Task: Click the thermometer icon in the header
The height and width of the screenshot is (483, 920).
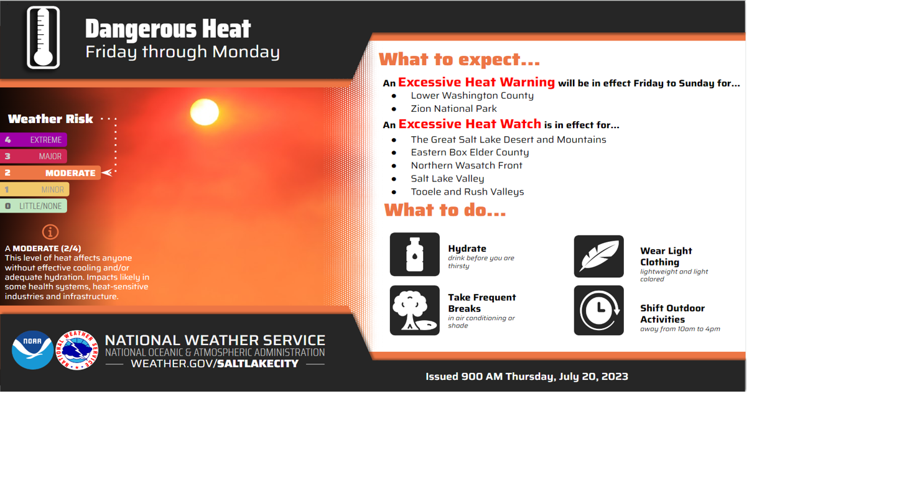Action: [x=43, y=37]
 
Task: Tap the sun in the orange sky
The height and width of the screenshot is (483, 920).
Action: [x=204, y=112]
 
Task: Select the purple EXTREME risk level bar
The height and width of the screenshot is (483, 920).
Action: [x=34, y=140]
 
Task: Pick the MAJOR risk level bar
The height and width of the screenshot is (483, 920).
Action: [x=34, y=157]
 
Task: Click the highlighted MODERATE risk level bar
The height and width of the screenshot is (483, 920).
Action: [x=50, y=173]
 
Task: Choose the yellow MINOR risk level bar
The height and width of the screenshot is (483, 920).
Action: [x=35, y=190]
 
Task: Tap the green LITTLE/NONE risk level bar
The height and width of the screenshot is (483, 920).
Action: [x=34, y=206]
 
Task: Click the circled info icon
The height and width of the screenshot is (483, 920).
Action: [x=50, y=232]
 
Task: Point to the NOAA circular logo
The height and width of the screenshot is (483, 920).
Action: [x=32, y=350]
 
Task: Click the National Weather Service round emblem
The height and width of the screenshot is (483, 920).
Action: [x=77, y=350]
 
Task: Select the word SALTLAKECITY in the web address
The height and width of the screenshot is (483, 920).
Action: [x=258, y=364]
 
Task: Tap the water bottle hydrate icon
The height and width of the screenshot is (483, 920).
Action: [x=414, y=254]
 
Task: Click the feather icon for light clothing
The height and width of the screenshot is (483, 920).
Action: [x=598, y=256]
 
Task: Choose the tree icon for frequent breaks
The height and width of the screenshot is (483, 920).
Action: [x=414, y=310]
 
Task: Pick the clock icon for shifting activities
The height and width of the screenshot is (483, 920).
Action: [x=598, y=310]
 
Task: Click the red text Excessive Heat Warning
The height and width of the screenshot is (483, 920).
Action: [x=476, y=82]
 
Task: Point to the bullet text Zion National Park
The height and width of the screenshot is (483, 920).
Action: [x=453, y=109]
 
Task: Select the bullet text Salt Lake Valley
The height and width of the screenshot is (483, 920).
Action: [x=447, y=178]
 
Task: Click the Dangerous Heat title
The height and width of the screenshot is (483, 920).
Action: [x=168, y=29]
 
